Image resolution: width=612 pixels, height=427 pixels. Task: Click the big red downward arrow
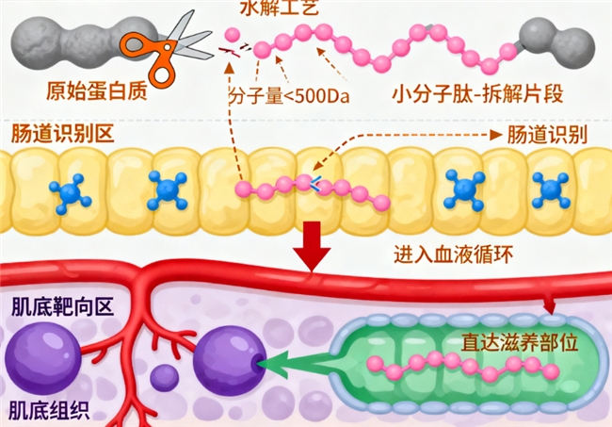tap(311, 247)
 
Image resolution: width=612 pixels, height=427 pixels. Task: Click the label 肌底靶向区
tap(48, 307)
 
